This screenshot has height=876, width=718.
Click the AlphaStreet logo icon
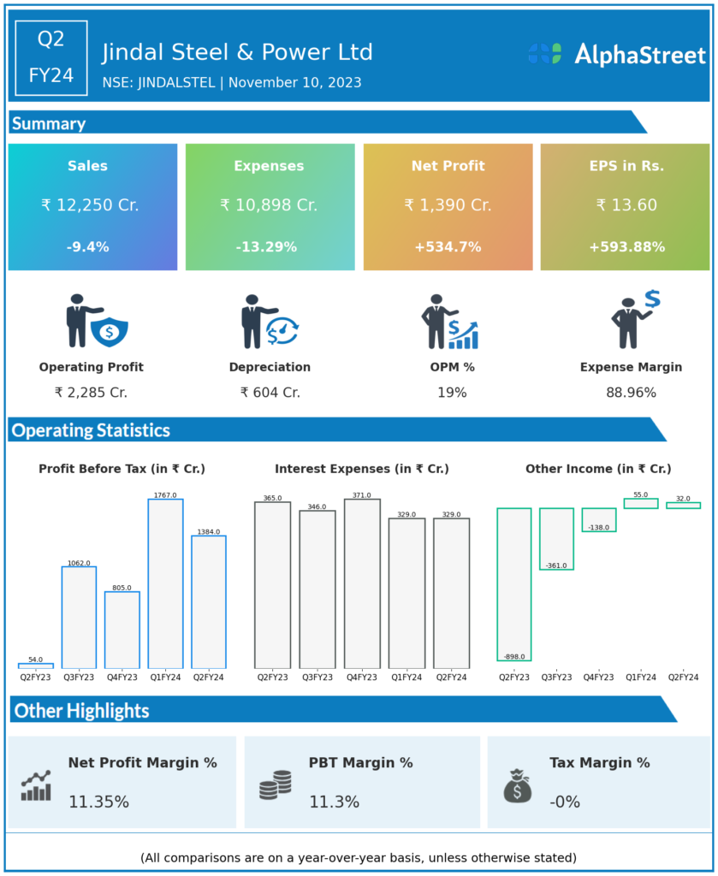click(544, 54)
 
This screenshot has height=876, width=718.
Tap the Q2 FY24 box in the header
click(51, 57)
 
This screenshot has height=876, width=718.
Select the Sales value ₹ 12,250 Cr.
click(90, 205)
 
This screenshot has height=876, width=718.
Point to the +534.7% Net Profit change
click(447, 247)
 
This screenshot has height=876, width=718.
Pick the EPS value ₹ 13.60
click(626, 205)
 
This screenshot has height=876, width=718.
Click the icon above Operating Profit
click(96, 322)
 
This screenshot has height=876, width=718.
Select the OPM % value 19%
click(452, 393)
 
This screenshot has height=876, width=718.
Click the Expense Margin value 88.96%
click(631, 393)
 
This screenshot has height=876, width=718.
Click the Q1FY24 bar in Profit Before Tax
click(165, 583)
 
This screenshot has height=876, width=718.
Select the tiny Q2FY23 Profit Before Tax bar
click(36, 665)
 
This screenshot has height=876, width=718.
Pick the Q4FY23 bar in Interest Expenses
click(362, 583)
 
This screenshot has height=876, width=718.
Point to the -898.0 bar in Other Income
click(514, 584)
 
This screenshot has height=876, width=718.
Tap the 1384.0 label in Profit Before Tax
click(208, 532)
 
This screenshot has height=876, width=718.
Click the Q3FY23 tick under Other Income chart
click(557, 678)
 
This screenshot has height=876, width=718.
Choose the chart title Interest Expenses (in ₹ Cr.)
click(362, 469)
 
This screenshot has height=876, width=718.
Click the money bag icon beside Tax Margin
click(517, 785)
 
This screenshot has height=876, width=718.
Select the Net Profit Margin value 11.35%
click(99, 802)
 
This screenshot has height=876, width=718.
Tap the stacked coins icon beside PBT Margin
click(276, 784)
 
